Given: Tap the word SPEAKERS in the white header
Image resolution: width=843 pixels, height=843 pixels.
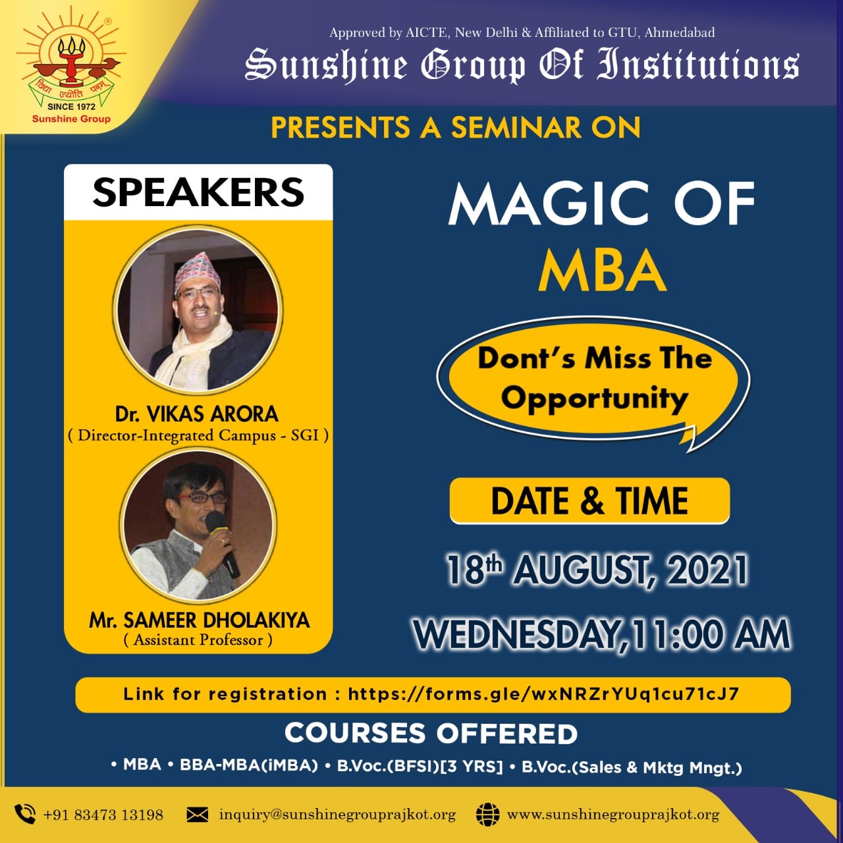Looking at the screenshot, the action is click(x=198, y=192).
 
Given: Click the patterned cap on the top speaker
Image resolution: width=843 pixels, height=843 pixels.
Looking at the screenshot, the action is click(x=196, y=271).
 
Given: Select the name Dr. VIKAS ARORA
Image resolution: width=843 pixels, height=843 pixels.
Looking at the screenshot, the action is click(x=196, y=414).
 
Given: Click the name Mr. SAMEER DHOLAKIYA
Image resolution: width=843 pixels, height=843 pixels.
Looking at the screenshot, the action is click(x=199, y=620).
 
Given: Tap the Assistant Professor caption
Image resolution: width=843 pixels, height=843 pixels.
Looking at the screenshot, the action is click(x=198, y=640).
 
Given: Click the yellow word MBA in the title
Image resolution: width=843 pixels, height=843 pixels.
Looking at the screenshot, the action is click(x=603, y=271).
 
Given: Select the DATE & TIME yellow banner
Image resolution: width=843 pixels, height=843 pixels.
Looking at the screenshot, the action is click(x=589, y=501).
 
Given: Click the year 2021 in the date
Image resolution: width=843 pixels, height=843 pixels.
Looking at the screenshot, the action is click(x=707, y=570).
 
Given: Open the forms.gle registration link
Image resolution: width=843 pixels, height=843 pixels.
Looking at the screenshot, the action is click(x=543, y=693).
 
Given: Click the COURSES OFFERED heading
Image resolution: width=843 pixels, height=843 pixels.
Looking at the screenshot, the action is click(x=431, y=734).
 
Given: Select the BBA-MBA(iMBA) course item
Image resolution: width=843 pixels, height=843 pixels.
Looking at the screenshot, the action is click(x=249, y=765).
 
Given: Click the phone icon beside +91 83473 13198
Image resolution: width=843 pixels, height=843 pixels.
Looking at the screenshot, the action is click(x=25, y=814).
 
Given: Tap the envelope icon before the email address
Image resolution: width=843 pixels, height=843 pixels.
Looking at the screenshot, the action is click(x=198, y=815).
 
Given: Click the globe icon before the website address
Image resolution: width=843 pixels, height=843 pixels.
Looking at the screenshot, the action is click(x=488, y=815).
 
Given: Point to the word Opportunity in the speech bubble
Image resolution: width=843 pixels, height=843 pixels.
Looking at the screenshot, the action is click(x=595, y=398).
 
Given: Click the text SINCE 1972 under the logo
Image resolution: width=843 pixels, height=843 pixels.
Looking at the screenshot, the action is click(x=71, y=106).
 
